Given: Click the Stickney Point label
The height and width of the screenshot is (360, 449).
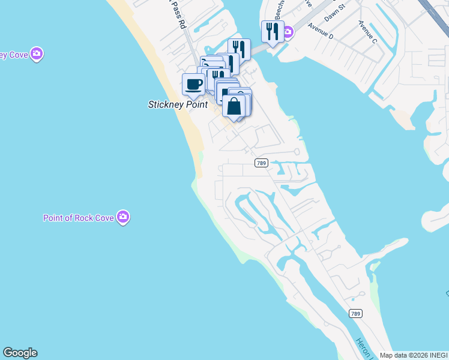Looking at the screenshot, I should coord(178,104).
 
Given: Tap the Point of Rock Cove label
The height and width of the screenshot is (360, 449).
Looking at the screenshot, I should coord(78,218).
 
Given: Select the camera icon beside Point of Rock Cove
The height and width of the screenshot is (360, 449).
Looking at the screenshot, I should coord(123,217).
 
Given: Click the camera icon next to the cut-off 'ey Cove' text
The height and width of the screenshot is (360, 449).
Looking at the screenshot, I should coord(37,54).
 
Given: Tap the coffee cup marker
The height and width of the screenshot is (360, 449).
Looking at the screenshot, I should coord(193,84).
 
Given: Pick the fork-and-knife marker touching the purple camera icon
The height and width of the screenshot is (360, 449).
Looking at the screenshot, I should coord(273,31).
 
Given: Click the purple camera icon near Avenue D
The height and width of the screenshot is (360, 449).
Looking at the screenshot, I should coord(288,31).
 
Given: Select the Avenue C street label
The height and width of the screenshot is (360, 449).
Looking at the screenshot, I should coord(368,31).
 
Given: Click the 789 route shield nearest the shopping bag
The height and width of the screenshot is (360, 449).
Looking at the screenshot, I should coord(261,163).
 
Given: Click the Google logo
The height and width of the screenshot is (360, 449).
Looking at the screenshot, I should coord(20,353).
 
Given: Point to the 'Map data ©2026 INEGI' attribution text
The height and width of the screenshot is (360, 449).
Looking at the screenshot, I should coord(413,355).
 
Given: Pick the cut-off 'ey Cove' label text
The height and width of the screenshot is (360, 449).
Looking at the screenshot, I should coord(13,55).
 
